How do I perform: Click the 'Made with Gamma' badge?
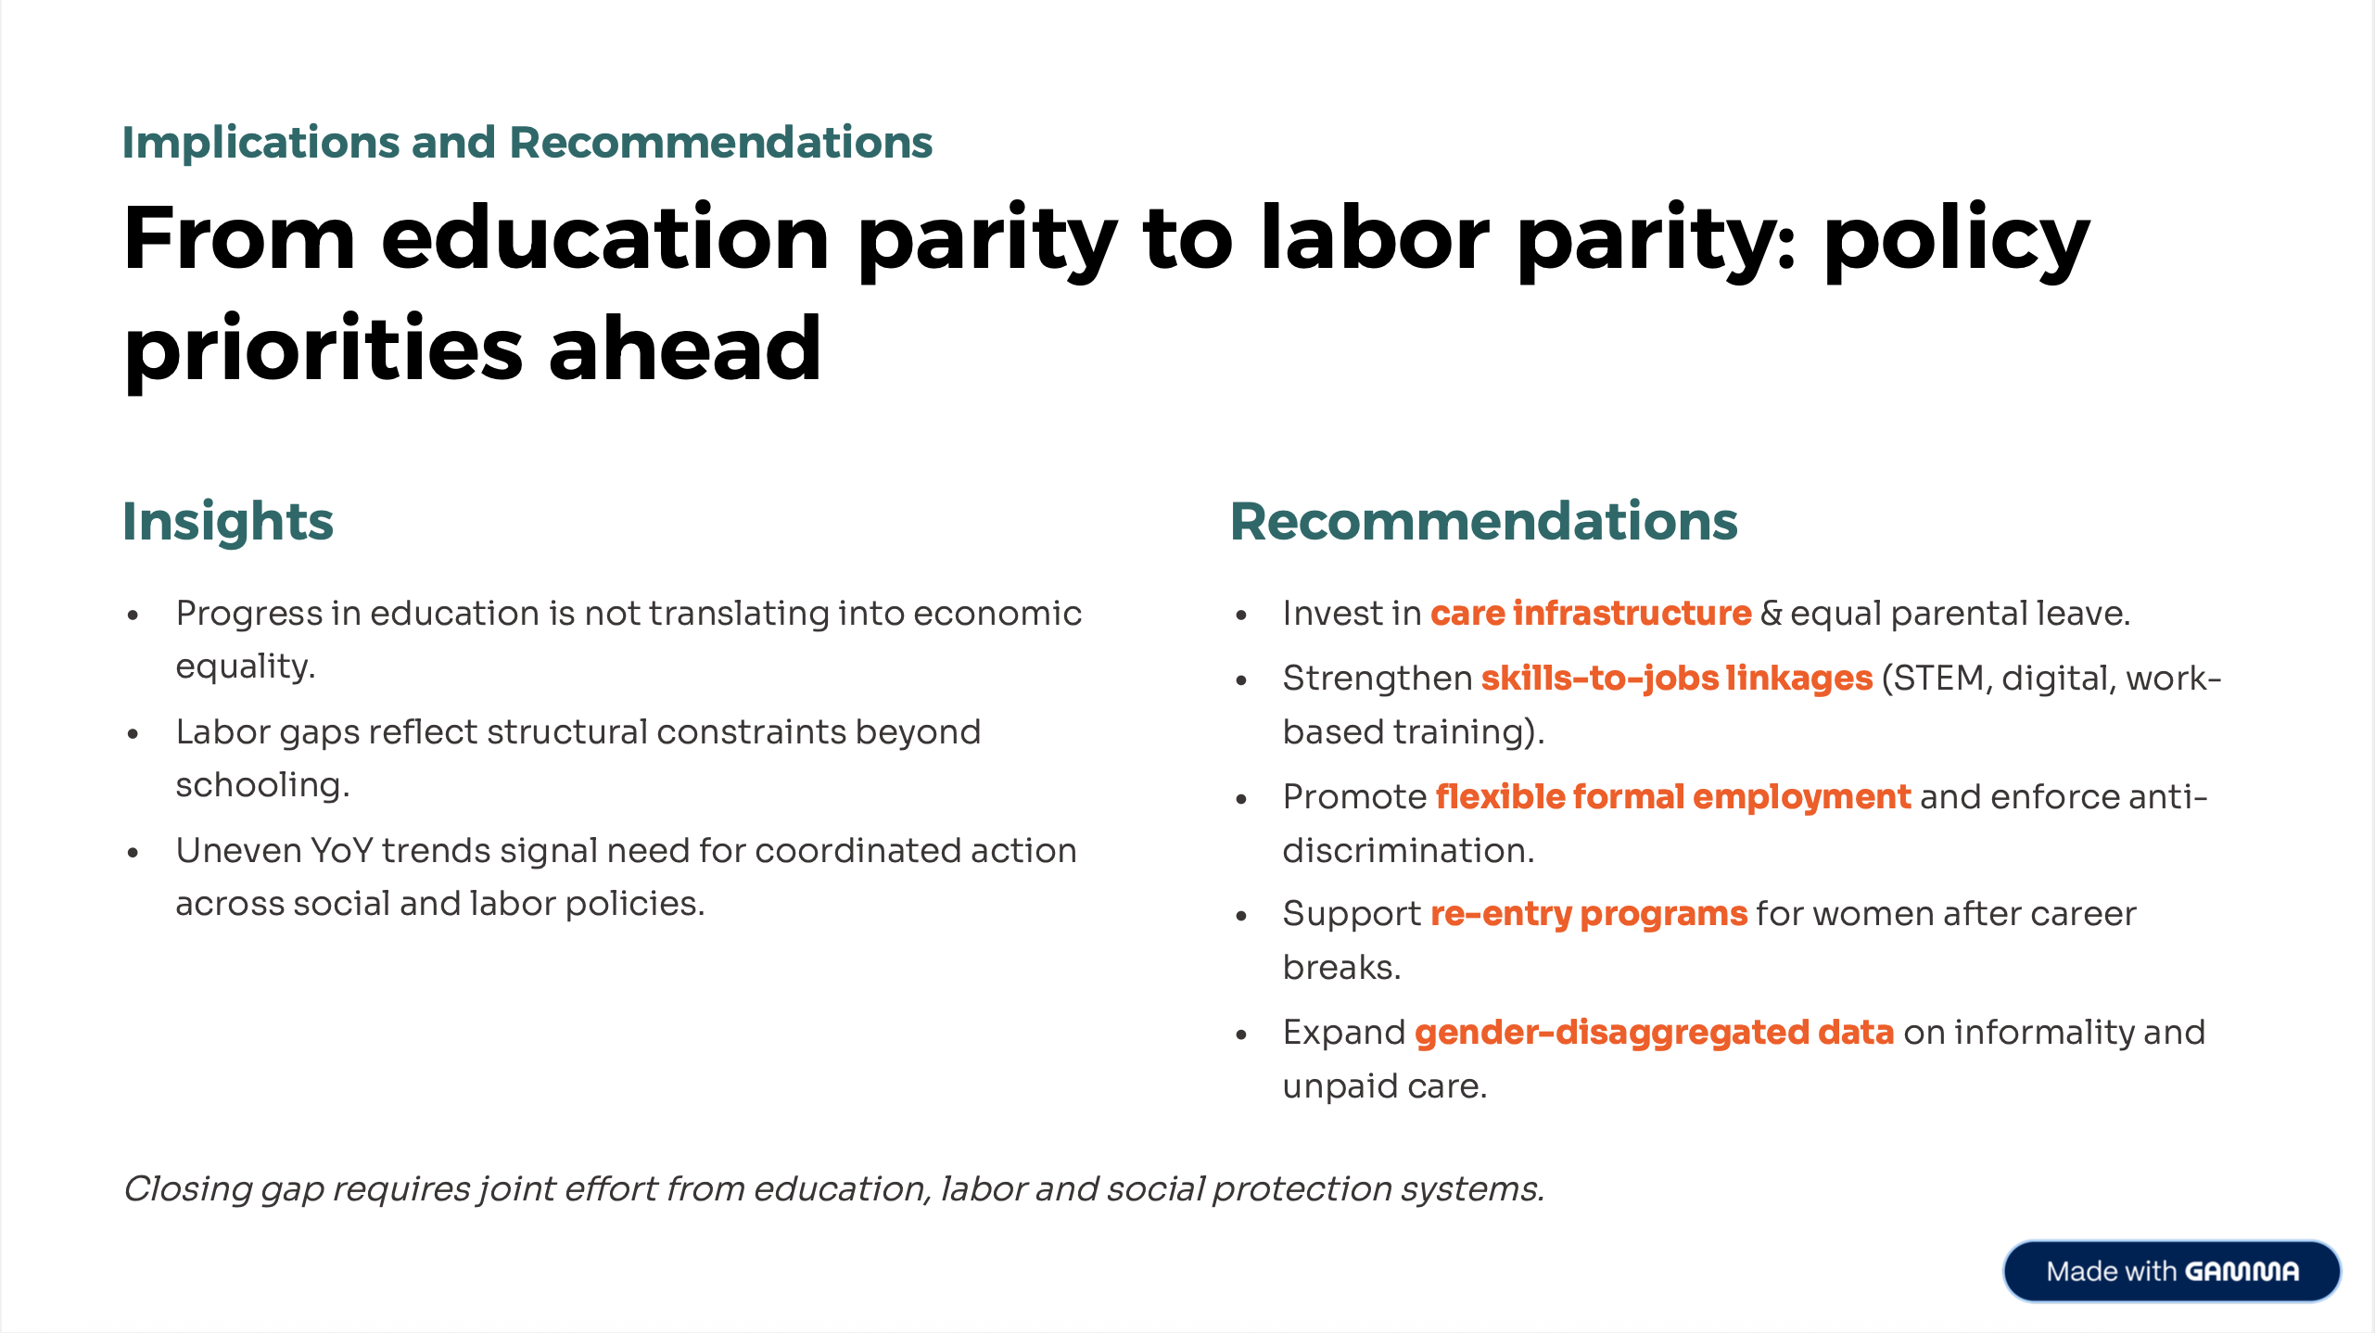[2171, 1271]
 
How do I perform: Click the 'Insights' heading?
[228, 521]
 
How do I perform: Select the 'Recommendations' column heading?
[1483, 520]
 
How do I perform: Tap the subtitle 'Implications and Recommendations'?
[527, 143]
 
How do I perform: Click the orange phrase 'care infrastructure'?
[1591, 613]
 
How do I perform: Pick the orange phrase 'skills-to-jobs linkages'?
[1677, 679]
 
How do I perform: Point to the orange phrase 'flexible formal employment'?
[1673, 797]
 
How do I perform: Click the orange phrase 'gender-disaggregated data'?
[1655, 1033]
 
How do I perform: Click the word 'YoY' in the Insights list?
[341, 851]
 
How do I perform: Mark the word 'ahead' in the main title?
[685, 349]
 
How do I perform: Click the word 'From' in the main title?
[239, 238]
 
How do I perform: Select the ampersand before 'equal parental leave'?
[1771, 613]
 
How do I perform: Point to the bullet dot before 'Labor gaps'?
[133, 733]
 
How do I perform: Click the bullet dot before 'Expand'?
[1241, 1035]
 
